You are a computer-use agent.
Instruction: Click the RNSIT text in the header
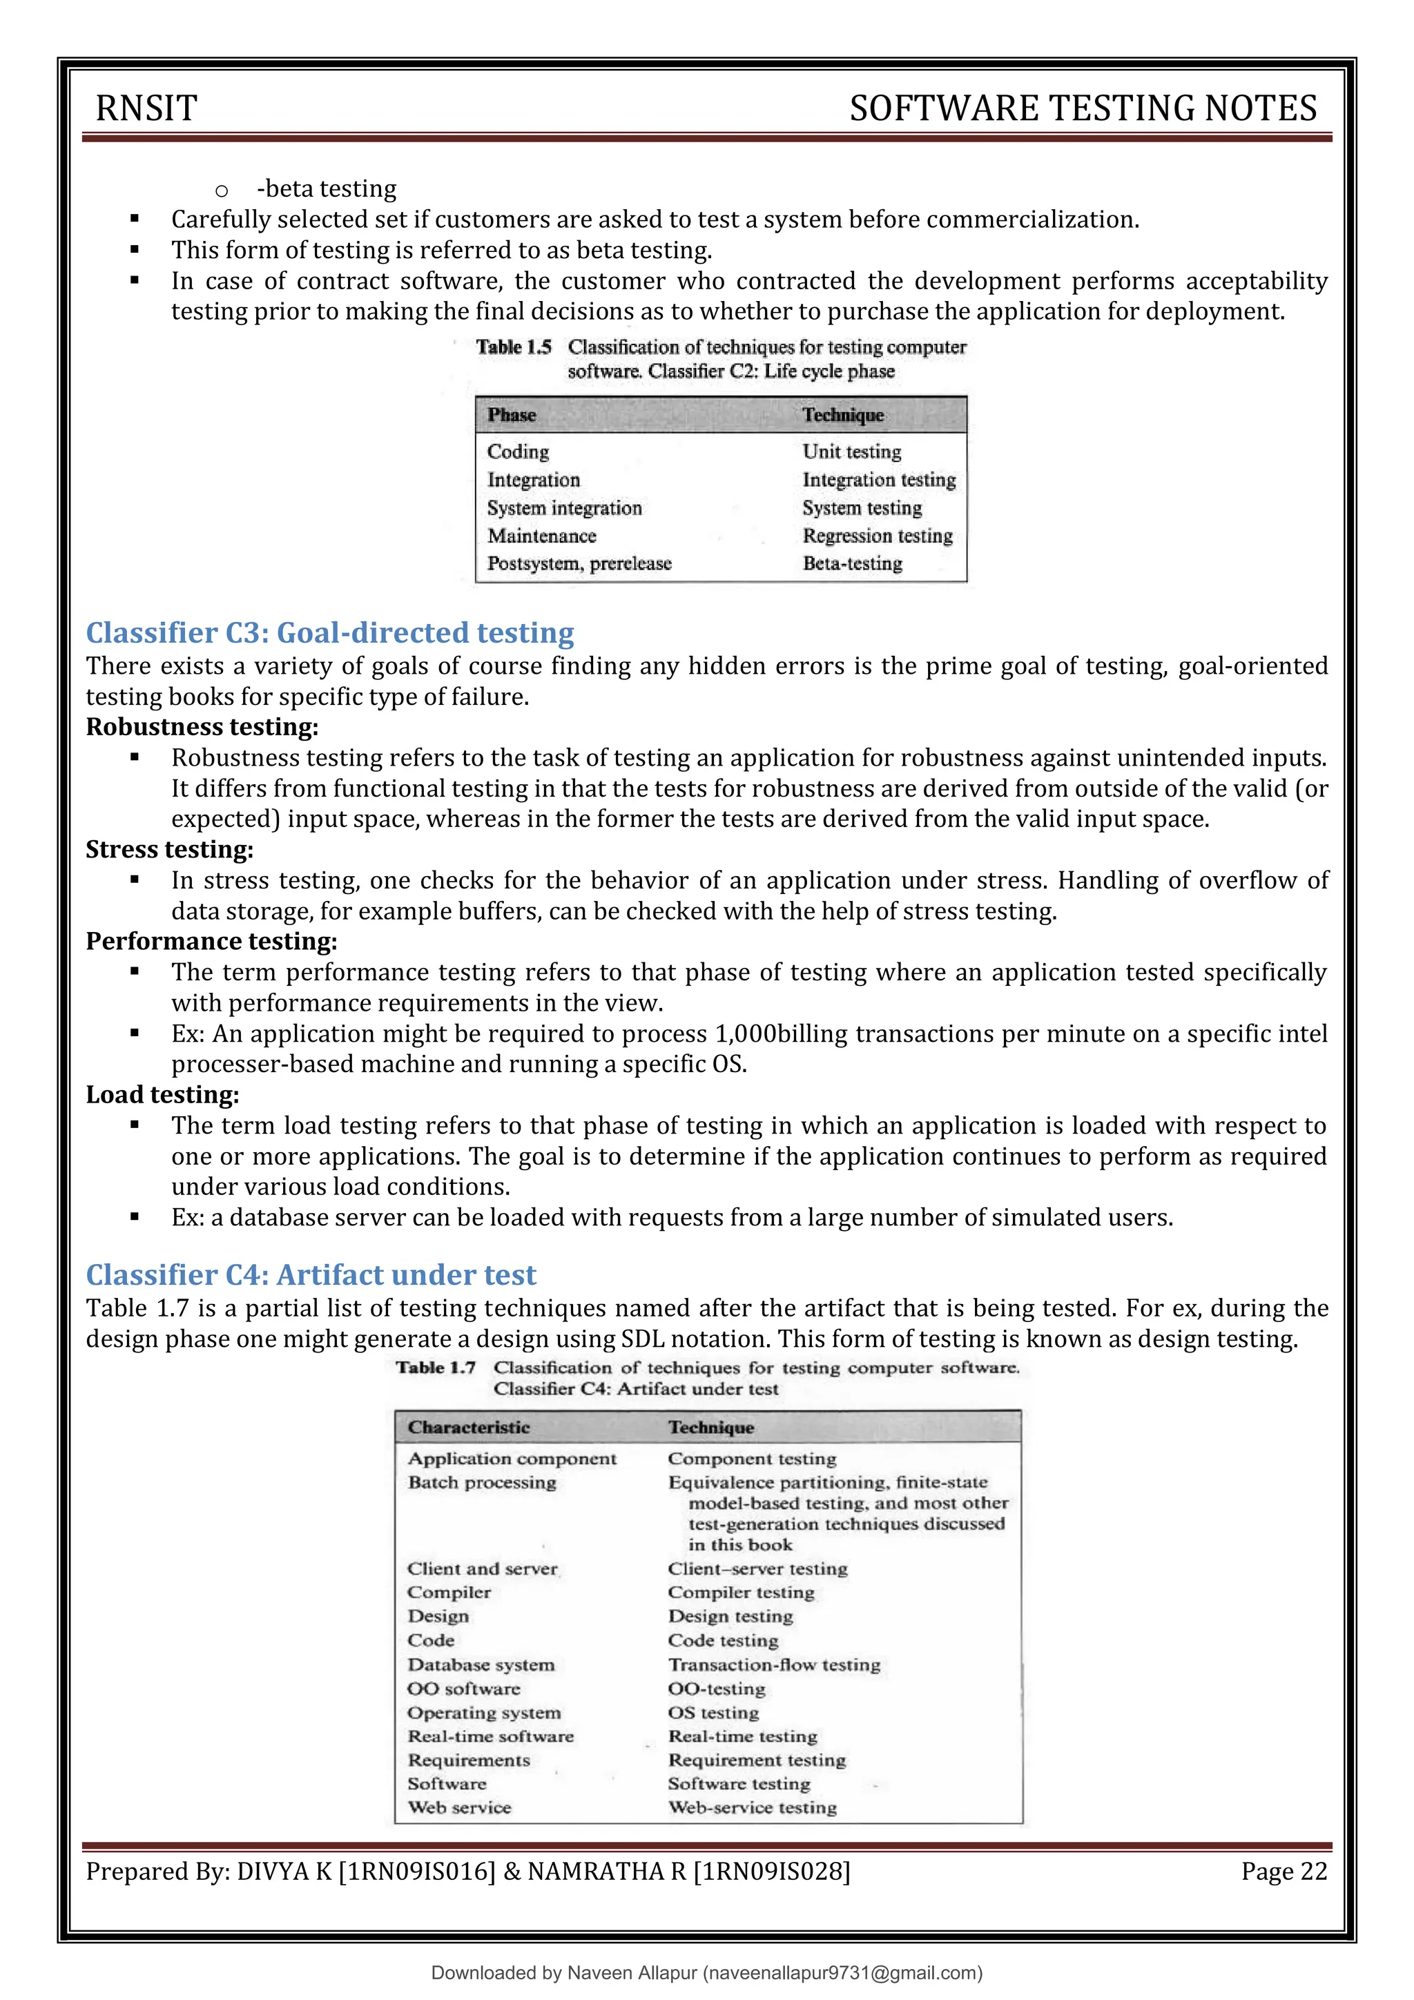pos(146,108)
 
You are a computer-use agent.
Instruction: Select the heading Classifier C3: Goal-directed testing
pos(330,632)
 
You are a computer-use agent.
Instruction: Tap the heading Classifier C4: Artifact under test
pos(311,1274)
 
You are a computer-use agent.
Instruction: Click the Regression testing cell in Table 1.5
pos(878,536)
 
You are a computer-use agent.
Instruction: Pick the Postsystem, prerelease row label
pos(579,563)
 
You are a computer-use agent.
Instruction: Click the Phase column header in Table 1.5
pos(512,416)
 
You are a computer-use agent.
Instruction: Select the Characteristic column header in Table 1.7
pos(469,1428)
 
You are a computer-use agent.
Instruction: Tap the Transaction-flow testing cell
pos(774,1664)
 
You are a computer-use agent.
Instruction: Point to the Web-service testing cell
pos(752,1807)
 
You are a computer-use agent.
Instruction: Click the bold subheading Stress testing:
pos(170,849)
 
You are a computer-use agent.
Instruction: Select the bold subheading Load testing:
pos(163,1095)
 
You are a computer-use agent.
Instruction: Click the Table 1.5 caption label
pos(514,347)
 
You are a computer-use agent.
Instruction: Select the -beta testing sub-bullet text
pos(327,189)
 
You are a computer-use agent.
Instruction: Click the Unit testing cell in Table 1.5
pos(851,452)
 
